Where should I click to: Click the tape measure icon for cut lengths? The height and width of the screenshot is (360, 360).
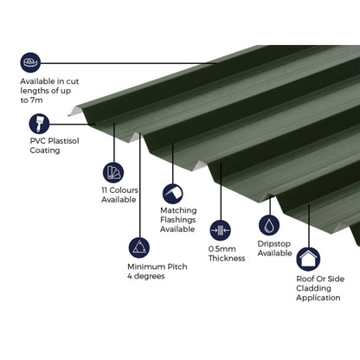[x=31, y=62]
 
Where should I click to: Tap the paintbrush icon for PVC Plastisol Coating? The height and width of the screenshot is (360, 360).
[x=38, y=122]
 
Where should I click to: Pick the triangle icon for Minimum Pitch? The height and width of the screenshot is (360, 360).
[x=138, y=247]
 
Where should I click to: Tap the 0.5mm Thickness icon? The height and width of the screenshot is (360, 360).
[x=222, y=229]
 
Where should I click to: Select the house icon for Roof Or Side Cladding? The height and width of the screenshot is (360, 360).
[x=309, y=259]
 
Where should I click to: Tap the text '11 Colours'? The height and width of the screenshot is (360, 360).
[x=119, y=190]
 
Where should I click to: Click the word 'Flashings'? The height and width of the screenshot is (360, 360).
[x=178, y=220]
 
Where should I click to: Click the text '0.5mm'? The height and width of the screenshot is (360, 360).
[x=222, y=248]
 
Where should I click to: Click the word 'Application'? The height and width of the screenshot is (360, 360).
[x=319, y=299]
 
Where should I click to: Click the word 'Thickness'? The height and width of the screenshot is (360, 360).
[x=227, y=259]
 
